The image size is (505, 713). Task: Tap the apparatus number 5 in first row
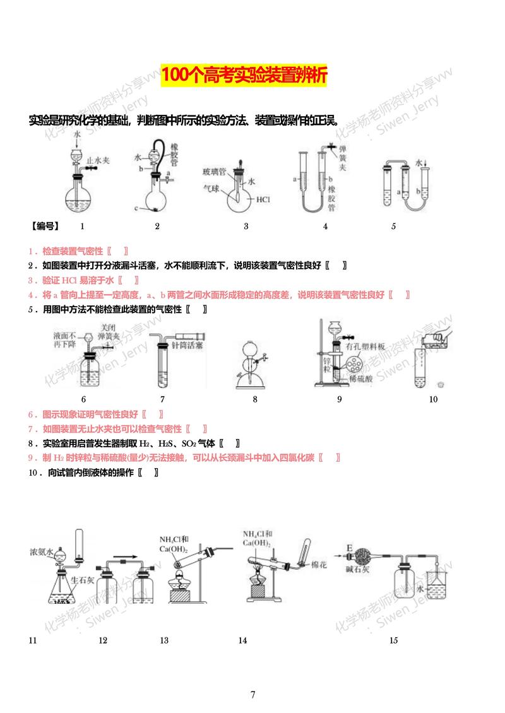(393, 227)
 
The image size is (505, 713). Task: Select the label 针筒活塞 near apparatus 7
(189, 346)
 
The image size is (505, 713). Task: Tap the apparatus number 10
(433, 399)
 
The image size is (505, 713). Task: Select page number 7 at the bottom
(252, 695)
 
